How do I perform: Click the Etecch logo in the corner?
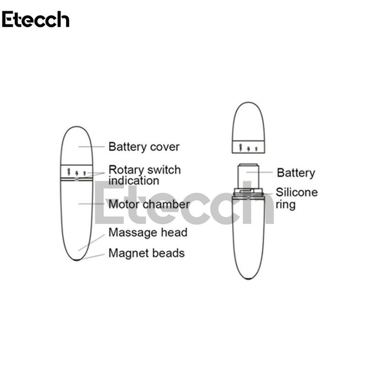tap(36, 19)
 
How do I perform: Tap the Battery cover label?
tap(144, 147)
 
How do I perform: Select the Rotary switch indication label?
tap(144, 175)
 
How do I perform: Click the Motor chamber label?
tap(149, 204)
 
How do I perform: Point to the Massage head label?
tap(148, 233)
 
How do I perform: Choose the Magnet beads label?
tap(146, 253)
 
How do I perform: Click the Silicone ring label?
tap(296, 198)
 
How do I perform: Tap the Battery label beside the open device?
tap(296, 173)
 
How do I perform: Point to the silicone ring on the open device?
tap(249, 192)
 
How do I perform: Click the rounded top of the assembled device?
tap(77, 140)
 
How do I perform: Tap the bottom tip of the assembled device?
tap(77, 259)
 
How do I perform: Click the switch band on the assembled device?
tap(77, 172)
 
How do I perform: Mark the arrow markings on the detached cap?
tap(249, 148)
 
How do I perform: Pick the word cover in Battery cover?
tap(165, 147)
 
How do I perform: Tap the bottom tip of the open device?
tap(249, 278)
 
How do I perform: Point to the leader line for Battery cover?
tap(91, 147)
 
